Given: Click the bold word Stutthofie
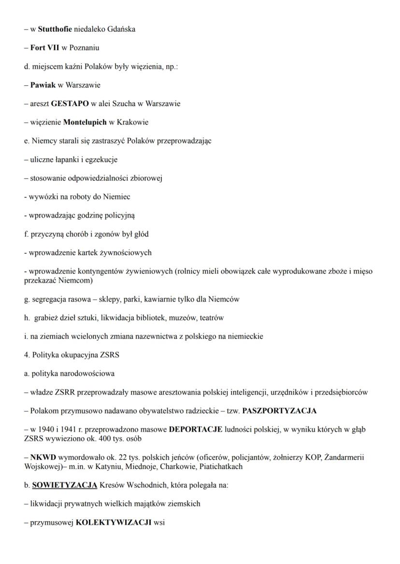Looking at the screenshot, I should [55, 29].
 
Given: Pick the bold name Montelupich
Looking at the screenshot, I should [85, 123].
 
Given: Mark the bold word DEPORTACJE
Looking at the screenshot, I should [196, 430].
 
